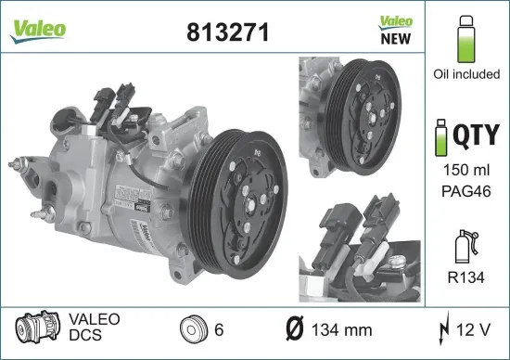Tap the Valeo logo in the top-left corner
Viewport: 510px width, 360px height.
pos(38,29)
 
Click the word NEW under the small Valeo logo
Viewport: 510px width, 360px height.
pos(396,39)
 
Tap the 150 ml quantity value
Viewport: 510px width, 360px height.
pos(465,173)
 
